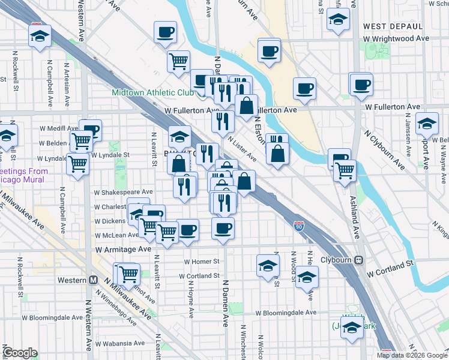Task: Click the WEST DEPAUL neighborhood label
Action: click(x=393, y=26)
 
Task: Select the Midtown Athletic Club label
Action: click(x=152, y=93)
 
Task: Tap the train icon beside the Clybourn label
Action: click(x=358, y=260)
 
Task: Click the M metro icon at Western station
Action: click(x=93, y=280)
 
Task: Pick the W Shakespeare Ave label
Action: click(x=123, y=192)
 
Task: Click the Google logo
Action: click(x=20, y=353)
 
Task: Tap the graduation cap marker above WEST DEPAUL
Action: click(x=338, y=19)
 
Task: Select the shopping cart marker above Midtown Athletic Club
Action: click(x=178, y=61)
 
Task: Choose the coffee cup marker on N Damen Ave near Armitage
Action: click(x=223, y=229)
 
